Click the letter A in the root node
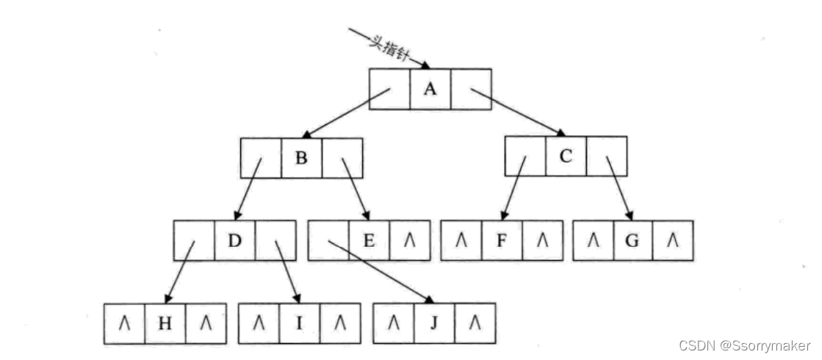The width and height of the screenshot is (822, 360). click(x=430, y=89)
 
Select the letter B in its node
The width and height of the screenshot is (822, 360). click(x=301, y=157)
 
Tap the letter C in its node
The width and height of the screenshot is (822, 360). click(x=566, y=156)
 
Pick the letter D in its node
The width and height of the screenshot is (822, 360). click(x=235, y=240)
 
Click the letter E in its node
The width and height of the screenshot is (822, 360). click(x=369, y=240)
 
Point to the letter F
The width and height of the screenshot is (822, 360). click(x=502, y=240)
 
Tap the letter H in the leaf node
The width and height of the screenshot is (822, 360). click(x=165, y=323)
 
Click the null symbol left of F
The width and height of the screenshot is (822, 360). click(x=461, y=240)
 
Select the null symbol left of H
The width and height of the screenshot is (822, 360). click(x=124, y=323)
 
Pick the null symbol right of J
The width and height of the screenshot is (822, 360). click(x=475, y=323)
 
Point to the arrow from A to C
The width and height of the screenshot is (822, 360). click(x=518, y=112)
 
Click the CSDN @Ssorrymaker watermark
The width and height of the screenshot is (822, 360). click(x=743, y=345)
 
